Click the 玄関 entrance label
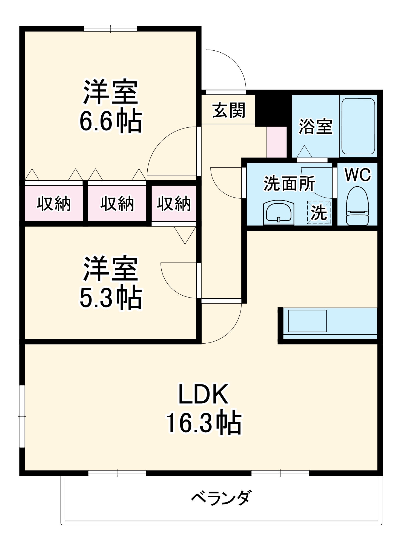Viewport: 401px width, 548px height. (229, 110)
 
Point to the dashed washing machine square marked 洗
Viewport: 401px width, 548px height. (319, 212)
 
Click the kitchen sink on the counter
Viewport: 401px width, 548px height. (307, 321)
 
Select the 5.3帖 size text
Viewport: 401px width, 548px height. (111, 298)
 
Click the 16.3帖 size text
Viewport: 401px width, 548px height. (204, 424)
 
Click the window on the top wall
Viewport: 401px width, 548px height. (110, 29)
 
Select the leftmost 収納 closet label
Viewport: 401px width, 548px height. (54, 204)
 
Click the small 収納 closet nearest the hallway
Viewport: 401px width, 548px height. (174, 203)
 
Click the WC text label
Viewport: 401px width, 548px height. (358, 175)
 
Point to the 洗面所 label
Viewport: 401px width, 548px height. (289, 183)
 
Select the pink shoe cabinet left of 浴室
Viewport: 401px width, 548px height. (277, 142)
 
